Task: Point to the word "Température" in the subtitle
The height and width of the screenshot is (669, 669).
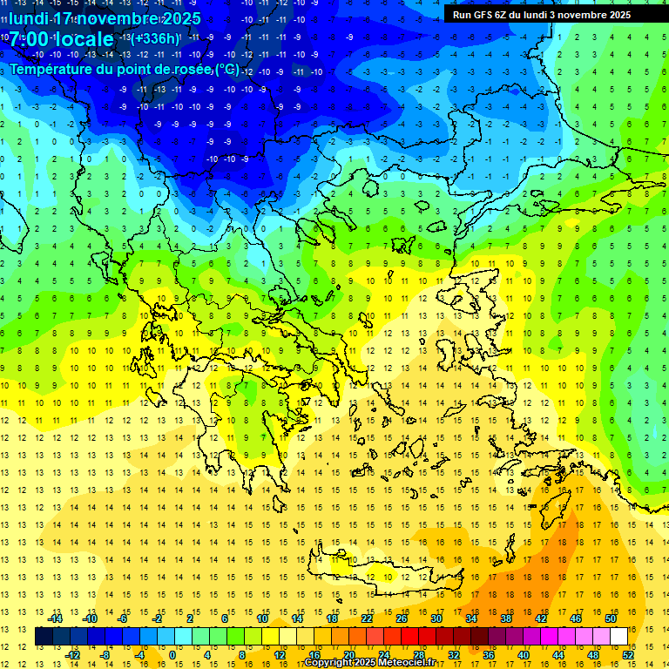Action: click(53, 69)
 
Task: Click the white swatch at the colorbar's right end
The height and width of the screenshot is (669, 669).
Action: click(618, 636)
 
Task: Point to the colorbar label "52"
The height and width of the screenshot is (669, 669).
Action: click(628, 655)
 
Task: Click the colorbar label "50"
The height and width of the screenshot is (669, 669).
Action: click(611, 618)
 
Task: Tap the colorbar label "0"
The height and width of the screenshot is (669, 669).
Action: click(172, 655)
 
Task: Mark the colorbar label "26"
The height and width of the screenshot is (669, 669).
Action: click(402, 618)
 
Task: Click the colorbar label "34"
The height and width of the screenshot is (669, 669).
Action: click(471, 618)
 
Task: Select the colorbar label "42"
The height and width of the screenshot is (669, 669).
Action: click(541, 618)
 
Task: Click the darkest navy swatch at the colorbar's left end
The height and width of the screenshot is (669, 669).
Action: click(44, 636)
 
